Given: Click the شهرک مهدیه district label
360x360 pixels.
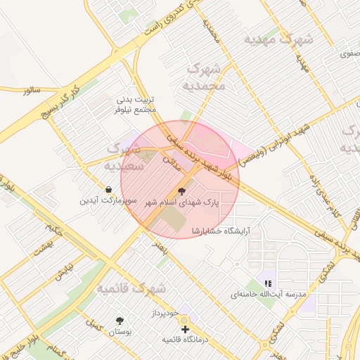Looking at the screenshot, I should [278, 39].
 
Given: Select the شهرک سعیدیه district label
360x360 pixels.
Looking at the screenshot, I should [124, 158].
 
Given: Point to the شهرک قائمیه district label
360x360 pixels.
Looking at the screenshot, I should [131, 288].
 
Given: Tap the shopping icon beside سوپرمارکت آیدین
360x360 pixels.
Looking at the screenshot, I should [108, 189].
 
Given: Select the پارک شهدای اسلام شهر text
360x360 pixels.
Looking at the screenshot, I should [182, 202].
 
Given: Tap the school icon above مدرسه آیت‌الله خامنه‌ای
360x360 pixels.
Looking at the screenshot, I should [267, 283].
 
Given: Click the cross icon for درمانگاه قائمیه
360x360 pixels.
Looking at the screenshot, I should [185, 328].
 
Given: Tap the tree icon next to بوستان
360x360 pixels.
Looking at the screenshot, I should [120, 321].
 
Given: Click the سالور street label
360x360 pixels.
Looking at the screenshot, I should [32, 91].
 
